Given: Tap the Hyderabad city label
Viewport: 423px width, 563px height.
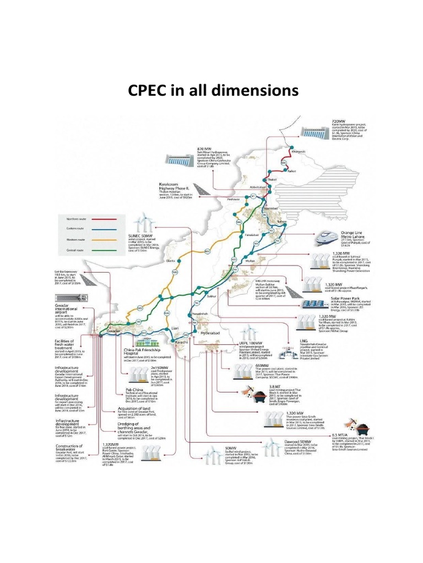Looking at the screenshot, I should click(x=211, y=334).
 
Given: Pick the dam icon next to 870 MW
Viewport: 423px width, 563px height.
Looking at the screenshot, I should click(x=180, y=159).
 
